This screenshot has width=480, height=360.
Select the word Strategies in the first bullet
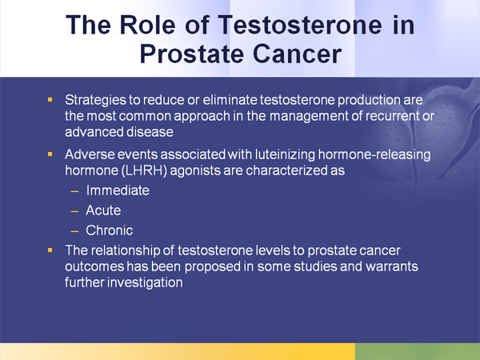click(94, 102)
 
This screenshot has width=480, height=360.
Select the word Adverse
click(88, 155)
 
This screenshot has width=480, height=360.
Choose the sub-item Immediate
click(118, 192)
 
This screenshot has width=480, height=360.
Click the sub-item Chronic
click(110, 231)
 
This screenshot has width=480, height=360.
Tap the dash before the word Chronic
click(74, 231)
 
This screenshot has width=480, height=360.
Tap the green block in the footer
click(417, 351)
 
